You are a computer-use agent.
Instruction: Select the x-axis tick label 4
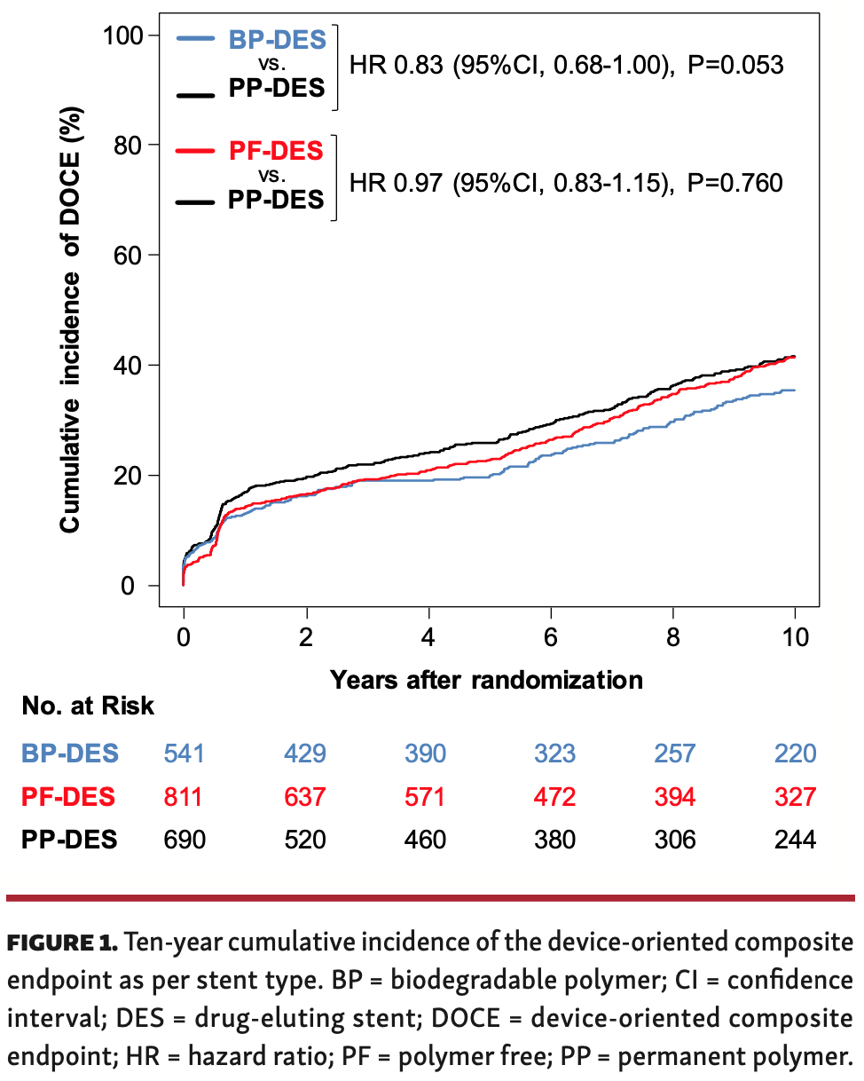coord(428,639)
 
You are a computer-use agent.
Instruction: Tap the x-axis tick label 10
coord(794,639)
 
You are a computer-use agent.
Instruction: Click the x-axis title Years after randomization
coord(486,680)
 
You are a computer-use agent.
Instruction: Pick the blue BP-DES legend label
coord(277,40)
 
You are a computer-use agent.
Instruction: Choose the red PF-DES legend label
coord(277,152)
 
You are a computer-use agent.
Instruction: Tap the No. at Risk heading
coord(88,706)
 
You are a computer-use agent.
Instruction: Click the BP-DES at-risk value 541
coord(185,754)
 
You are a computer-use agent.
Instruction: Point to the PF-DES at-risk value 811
coord(184,797)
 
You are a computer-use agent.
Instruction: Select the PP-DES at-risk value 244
coord(794,840)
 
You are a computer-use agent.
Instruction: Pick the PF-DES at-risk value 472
coord(554,797)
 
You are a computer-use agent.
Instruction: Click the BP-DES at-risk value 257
coord(676,754)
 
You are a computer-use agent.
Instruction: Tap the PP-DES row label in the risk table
coord(69,840)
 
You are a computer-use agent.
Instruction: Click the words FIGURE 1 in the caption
coord(62,943)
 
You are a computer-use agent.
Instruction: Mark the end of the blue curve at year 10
coord(794,391)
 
